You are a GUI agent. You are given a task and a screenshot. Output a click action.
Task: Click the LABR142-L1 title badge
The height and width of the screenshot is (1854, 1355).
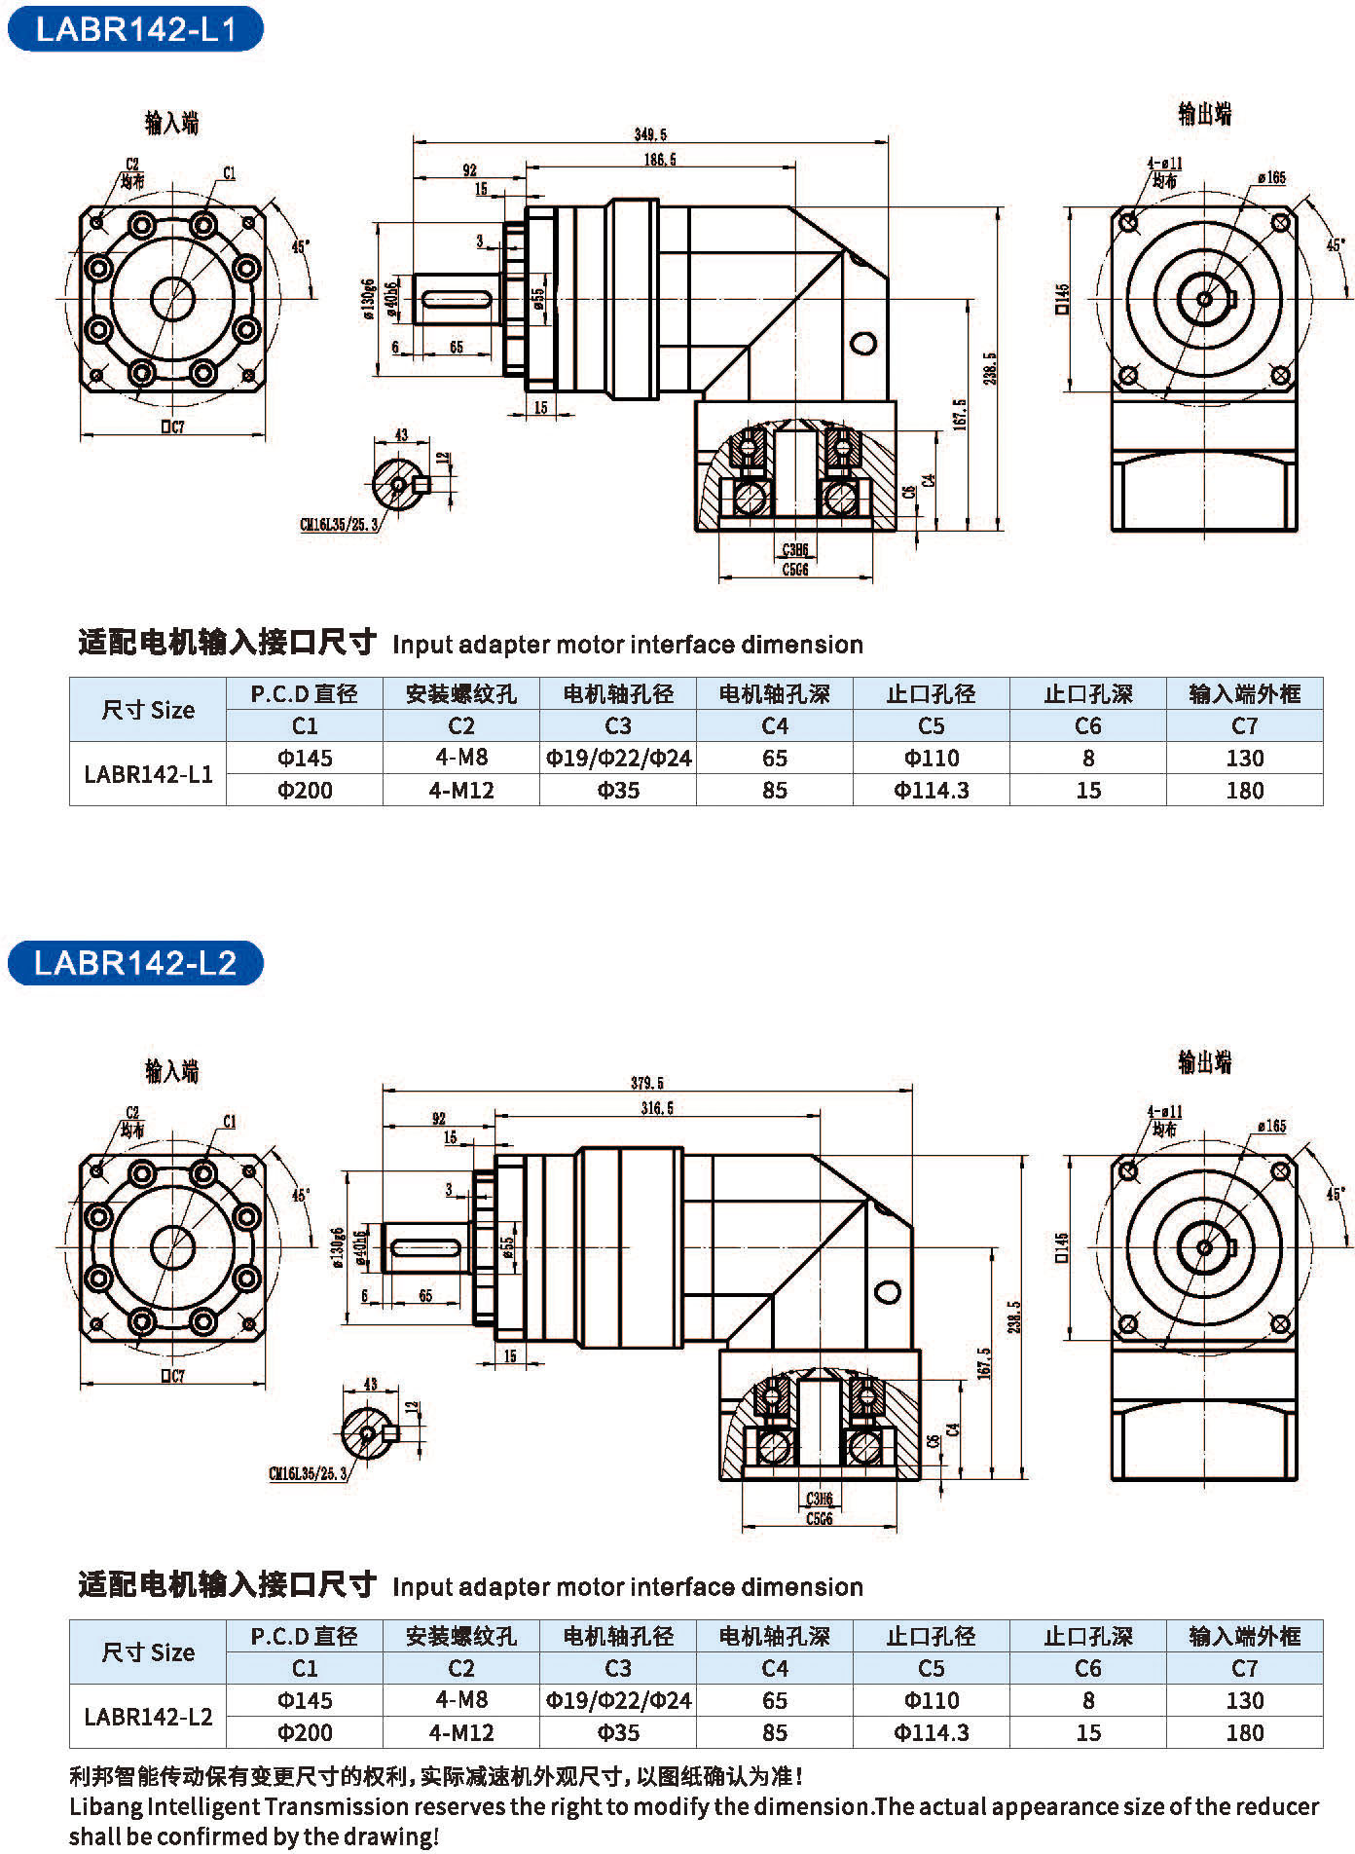(x=134, y=28)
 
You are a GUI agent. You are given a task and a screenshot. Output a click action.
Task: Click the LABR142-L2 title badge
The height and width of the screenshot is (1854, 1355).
(x=134, y=962)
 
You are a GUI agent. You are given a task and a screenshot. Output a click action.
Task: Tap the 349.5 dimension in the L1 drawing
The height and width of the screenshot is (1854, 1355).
(x=650, y=134)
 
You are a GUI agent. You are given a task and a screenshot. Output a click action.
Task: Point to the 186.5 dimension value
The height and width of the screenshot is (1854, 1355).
(x=659, y=160)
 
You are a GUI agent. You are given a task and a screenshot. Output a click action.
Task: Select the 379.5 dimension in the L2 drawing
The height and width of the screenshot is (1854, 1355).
(x=646, y=1083)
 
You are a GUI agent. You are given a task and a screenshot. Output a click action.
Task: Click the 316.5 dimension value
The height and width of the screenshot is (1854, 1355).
(x=656, y=1108)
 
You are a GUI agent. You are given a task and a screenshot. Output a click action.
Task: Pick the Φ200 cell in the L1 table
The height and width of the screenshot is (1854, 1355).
(x=305, y=790)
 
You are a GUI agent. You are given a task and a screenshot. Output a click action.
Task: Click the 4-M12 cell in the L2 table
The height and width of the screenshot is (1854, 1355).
(x=461, y=1732)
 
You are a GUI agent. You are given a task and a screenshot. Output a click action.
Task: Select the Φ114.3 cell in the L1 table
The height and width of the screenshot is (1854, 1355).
(x=932, y=790)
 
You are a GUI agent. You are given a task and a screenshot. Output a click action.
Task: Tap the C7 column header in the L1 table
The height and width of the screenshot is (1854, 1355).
(x=1244, y=725)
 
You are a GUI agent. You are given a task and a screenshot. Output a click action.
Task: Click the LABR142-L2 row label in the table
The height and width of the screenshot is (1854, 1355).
(x=148, y=1716)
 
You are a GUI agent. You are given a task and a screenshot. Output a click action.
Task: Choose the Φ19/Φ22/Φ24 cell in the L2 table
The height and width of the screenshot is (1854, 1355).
(x=618, y=1700)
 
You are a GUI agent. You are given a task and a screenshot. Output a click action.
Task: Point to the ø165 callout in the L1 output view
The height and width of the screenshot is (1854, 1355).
(x=1271, y=178)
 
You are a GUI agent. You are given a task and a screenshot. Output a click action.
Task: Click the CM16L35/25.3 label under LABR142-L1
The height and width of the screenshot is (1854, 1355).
(x=338, y=525)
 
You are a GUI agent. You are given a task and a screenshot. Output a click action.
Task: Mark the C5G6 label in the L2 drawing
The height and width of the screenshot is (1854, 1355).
(x=820, y=1519)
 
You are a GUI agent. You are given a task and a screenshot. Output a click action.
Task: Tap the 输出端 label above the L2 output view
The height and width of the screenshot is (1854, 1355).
(x=1205, y=1061)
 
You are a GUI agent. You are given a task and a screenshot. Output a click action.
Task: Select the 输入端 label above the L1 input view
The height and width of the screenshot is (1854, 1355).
(x=172, y=124)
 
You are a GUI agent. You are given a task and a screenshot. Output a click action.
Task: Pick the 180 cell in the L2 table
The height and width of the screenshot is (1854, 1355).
(x=1244, y=1732)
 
